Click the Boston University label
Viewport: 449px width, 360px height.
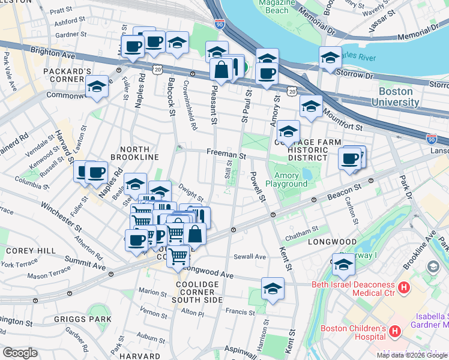click(x=396, y=97)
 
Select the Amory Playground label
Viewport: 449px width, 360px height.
click(x=291, y=180)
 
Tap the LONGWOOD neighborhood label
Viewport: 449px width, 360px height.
click(x=332, y=242)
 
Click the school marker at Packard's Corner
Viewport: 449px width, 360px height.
click(x=97, y=86)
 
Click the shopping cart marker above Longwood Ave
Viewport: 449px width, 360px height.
click(x=178, y=256)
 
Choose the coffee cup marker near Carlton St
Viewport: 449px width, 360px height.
click(x=349, y=159)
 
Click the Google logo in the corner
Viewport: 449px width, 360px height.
click(x=20, y=353)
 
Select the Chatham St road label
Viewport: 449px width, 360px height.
click(x=302, y=230)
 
